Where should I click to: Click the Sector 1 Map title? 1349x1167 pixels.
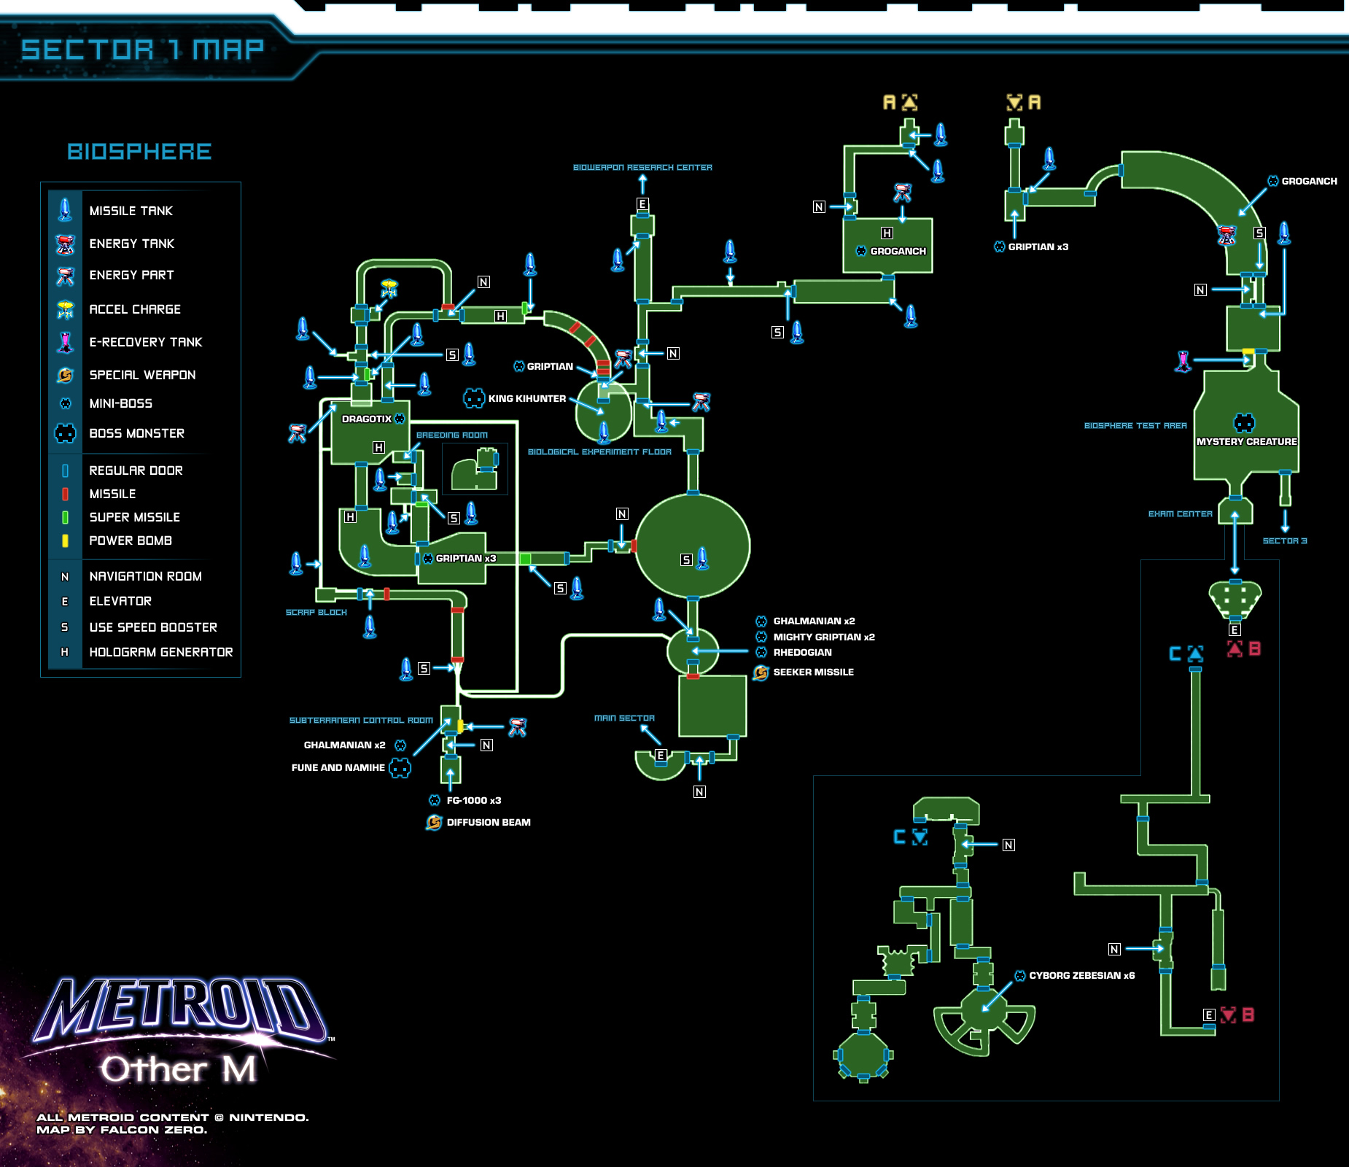[142, 50]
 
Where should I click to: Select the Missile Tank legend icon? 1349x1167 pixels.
[65, 210]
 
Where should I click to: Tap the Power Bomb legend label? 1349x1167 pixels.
[131, 540]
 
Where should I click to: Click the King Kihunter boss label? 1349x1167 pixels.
[526, 398]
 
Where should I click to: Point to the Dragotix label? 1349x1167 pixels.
[367, 419]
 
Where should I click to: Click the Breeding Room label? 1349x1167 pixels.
[452, 435]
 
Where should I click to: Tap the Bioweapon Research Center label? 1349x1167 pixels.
[642, 167]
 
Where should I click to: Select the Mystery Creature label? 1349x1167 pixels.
[1246, 441]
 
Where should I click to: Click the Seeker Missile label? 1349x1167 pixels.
[813, 672]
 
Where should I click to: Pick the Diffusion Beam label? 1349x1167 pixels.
[489, 822]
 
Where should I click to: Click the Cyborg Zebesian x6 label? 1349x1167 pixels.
[1081, 975]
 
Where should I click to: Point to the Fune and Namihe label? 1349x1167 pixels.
[338, 767]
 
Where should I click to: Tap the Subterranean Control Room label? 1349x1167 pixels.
[361, 720]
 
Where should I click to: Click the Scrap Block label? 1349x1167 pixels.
[316, 612]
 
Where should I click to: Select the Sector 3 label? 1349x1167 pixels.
[1285, 540]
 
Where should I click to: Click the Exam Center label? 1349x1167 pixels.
[1180, 513]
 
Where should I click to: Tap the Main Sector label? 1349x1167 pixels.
[624, 718]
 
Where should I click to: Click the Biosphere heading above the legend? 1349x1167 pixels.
[139, 151]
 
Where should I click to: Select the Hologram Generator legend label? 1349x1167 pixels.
[160, 652]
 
